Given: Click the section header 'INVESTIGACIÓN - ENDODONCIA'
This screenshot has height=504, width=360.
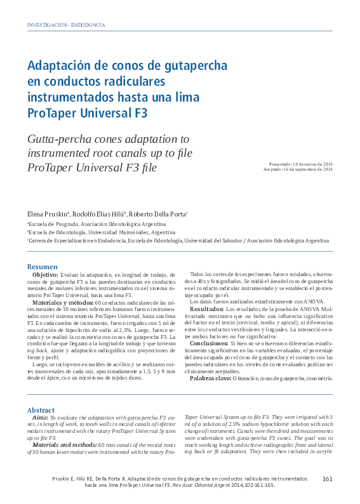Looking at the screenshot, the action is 65,25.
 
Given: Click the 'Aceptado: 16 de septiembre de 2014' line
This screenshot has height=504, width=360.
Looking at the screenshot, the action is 298,170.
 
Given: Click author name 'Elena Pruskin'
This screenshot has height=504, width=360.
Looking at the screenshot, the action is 48,215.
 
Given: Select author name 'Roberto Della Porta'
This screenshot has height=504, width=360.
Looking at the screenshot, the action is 160,215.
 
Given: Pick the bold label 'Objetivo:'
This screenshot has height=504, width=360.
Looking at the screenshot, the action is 46,274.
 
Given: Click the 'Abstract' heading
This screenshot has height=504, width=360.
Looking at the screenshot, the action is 42,410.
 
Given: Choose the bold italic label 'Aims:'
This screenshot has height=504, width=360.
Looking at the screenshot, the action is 39,417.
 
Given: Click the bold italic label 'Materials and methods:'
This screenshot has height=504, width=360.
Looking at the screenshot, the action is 64,445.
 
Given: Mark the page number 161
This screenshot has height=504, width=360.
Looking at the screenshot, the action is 328,479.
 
